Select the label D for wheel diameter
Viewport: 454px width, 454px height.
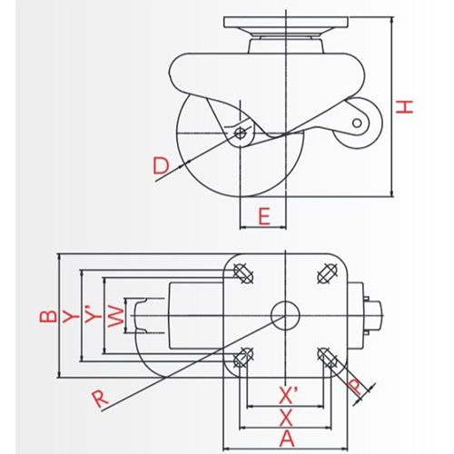[x=160, y=165]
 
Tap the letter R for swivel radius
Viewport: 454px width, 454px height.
[x=98, y=397]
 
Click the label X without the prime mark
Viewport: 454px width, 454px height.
[x=284, y=417]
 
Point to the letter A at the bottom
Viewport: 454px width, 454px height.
[x=284, y=438]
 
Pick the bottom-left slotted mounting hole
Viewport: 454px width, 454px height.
[x=242, y=355]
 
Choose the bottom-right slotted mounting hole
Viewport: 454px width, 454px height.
[x=326, y=355]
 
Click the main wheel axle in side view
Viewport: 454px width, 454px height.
[x=239, y=134]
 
